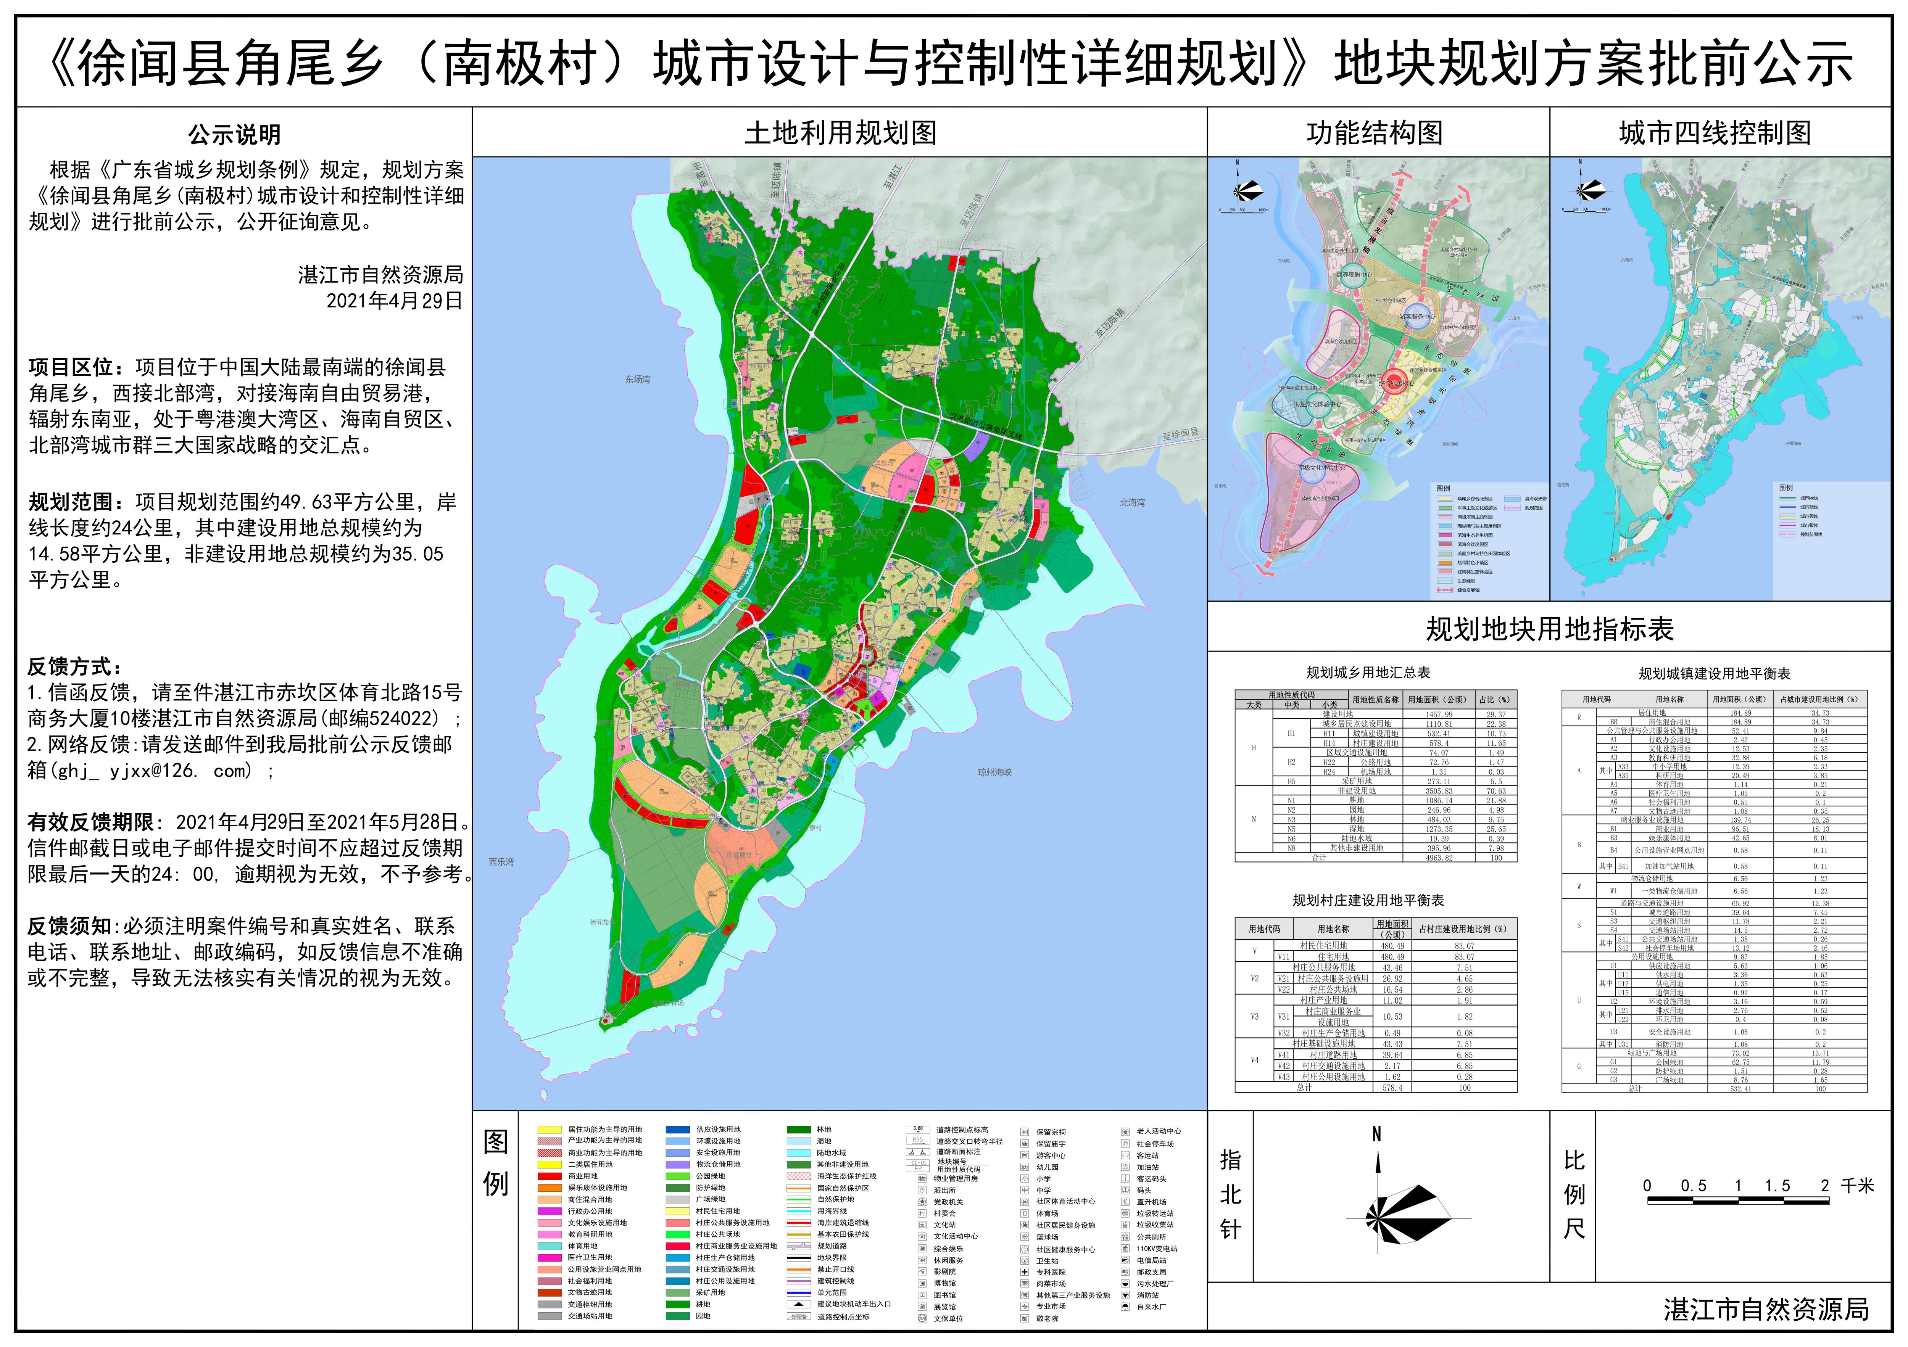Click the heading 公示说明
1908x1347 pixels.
(234, 135)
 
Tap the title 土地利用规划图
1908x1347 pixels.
(840, 133)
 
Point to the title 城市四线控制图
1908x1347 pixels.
(1715, 133)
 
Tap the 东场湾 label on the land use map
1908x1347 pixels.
(638, 380)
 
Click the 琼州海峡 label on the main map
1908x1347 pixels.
(995, 773)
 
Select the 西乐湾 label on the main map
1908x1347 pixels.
(501, 862)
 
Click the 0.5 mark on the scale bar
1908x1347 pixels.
(1694, 1186)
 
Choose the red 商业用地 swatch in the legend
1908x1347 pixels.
(549, 1176)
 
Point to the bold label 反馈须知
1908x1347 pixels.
(74, 927)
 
